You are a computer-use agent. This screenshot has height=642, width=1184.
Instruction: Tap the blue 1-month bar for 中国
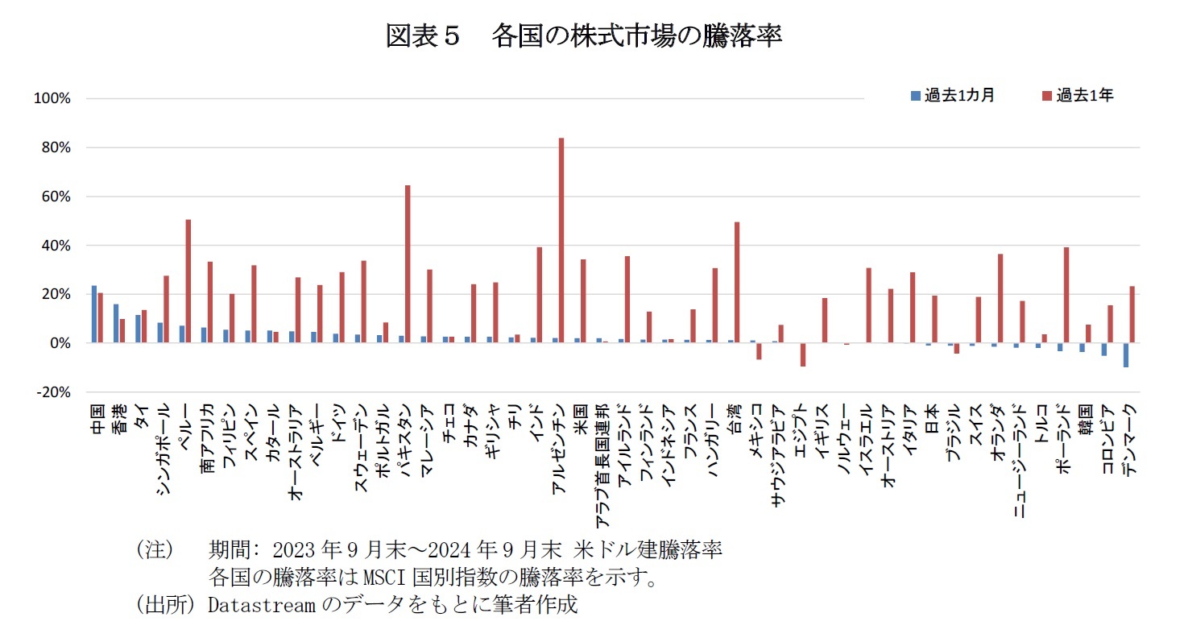(x=93, y=314)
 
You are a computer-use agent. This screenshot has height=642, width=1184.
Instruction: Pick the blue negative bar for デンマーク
(x=1125, y=354)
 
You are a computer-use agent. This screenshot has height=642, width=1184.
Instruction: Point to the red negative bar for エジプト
(x=802, y=354)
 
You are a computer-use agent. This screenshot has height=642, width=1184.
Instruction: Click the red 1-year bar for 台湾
(x=736, y=282)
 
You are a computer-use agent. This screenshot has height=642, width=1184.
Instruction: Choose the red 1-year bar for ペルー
(x=188, y=281)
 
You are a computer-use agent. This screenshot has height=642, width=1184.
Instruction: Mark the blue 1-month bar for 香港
(x=116, y=323)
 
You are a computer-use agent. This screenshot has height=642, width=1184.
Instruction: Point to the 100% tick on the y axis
(x=53, y=99)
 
